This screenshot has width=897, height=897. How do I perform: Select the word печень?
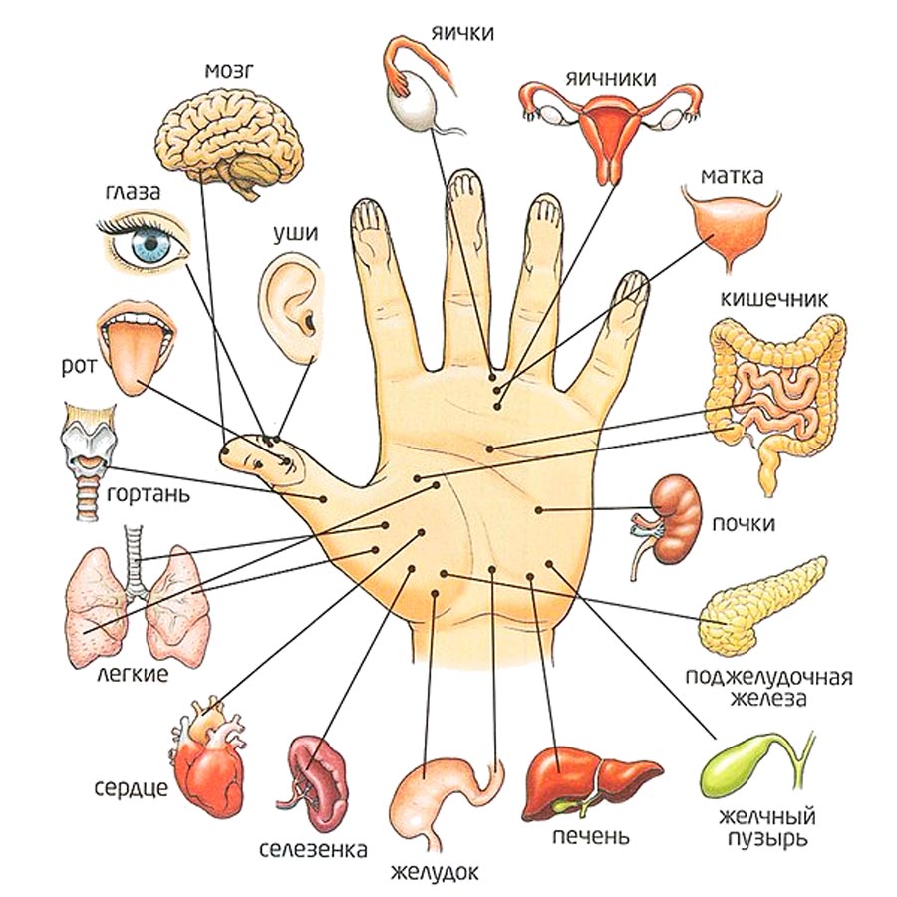click(590, 836)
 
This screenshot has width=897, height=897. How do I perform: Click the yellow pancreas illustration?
click(762, 603)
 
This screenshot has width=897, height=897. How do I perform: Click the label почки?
click(745, 524)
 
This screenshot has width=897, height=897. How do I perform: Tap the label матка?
click(732, 177)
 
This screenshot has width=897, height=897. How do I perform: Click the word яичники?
click(608, 77)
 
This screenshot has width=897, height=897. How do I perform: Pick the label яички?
click(462, 33)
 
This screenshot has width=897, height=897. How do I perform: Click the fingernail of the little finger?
click(630, 288)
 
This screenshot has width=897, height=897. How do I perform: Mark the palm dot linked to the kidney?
click(538, 510)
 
